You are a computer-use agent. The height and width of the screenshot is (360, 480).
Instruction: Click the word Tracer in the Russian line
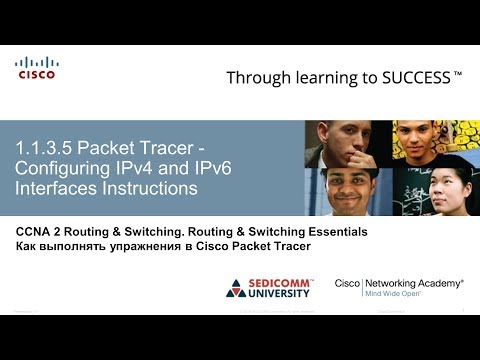(290, 246)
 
